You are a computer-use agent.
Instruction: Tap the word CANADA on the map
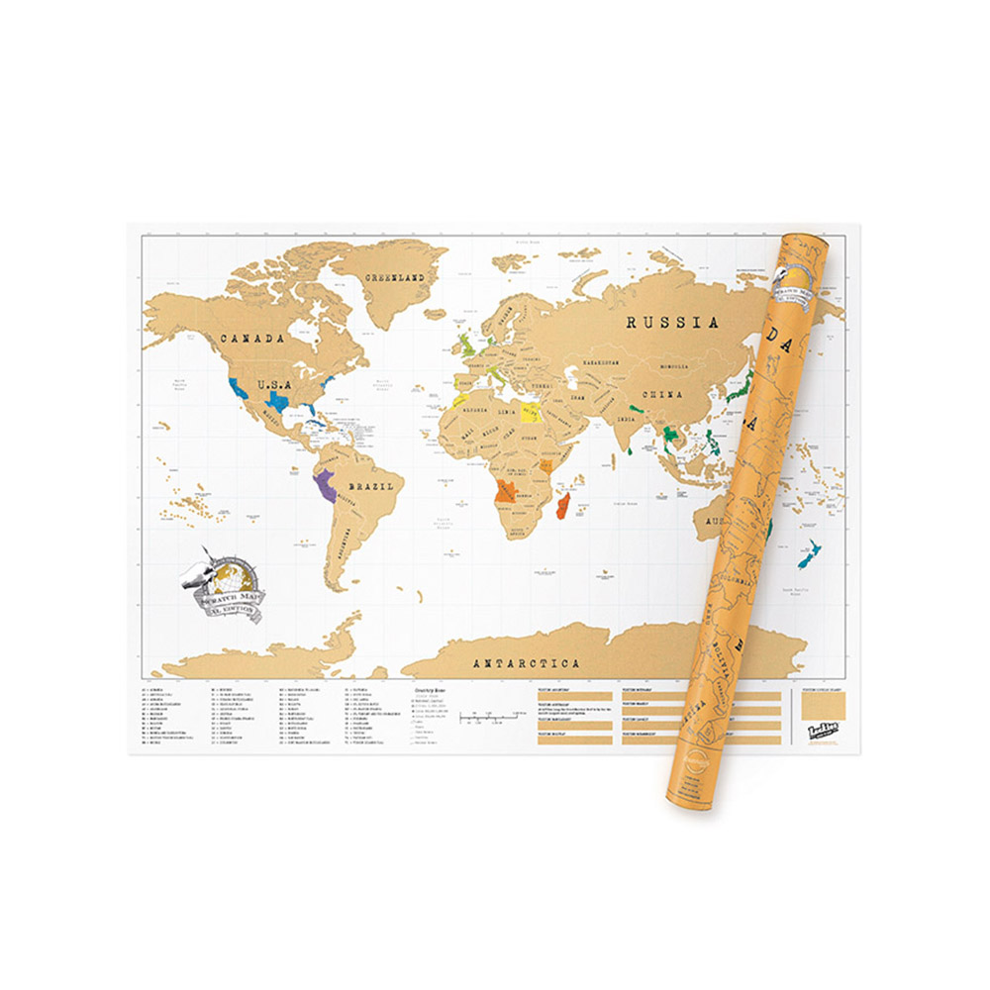251,339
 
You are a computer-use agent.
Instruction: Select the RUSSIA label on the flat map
671,322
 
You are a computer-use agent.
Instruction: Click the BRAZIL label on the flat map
372,487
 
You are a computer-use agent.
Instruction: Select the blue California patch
238,387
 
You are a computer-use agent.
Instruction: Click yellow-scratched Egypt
531,410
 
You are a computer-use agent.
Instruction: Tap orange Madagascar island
565,508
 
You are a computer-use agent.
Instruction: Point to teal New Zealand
809,554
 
